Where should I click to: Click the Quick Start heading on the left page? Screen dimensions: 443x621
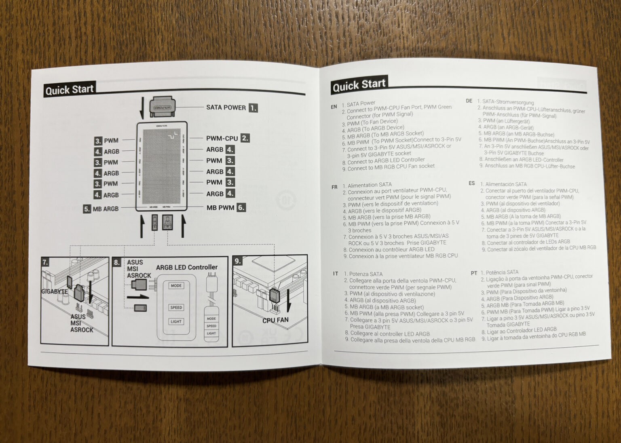tap(69, 89)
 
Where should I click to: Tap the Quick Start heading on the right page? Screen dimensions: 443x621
tap(359, 85)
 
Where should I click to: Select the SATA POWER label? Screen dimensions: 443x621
tap(226, 108)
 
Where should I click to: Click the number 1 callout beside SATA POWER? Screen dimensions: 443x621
tap(253, 108)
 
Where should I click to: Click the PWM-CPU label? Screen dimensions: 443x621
tap(222, 138)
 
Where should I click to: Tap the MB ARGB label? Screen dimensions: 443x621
tap(106, 209)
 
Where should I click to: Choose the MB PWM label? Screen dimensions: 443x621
tap(220, 208)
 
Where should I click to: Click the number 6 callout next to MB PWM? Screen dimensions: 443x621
tap(241, 208)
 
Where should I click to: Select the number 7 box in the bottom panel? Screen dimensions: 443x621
tap(46, 262)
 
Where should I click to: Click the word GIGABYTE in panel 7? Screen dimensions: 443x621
tap(54, 291)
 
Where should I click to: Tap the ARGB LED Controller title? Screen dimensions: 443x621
tap(187, 267)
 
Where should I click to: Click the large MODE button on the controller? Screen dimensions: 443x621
tap(176, 286)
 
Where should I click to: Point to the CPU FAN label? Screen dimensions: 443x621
tap(275, 320)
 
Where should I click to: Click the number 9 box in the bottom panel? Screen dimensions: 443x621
tap(238, 261)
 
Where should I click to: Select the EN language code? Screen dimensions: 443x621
tap(334, 107)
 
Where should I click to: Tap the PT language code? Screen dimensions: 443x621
tap(474, 273)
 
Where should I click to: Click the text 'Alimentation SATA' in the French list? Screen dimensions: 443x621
tap(370, 185)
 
